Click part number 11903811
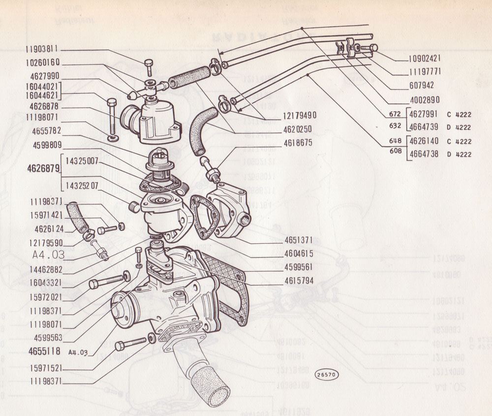pyautogui.click(x=42, y=49)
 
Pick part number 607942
pyautogui.click(x=421, y=85)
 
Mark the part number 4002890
pyautogui.click(x=424, y=99)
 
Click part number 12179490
pyautogui.click(x=299, y=116)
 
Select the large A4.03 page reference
pyautogui.click(x=48, y=255)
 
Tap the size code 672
pyautogui.click(x=395, y=114)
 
